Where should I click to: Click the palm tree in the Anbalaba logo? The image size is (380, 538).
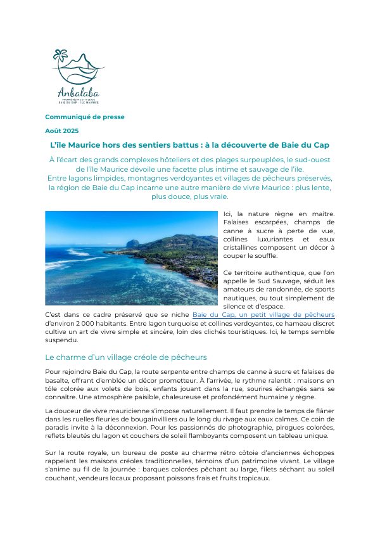60,58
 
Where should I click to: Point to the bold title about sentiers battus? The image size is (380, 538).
189,145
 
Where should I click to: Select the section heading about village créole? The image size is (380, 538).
125,357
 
